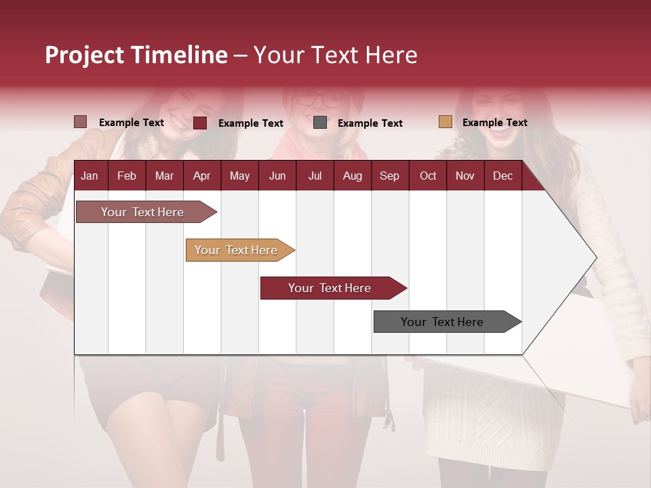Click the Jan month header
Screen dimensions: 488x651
[90, 176]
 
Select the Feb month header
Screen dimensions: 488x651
[127, 176]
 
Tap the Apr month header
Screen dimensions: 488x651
[201, 176]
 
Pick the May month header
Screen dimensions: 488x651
[239, 176]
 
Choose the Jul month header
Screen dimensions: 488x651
[315, 176]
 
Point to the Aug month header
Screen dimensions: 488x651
[352, 176]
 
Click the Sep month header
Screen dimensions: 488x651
[389, 176]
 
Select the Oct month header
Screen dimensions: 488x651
[428, 176]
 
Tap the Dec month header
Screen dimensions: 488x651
[502, 176]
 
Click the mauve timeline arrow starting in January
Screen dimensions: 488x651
[143, 212]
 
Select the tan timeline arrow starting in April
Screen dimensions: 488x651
[237, 250]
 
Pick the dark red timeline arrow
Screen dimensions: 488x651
[330, 288]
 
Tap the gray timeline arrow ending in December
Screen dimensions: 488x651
[443, 322]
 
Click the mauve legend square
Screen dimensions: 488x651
[81, 122]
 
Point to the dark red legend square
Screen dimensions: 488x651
[200, 123]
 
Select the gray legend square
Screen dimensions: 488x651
[320, 123]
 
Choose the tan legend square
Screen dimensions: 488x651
[446, 122]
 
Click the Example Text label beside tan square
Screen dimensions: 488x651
[494, 123]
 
